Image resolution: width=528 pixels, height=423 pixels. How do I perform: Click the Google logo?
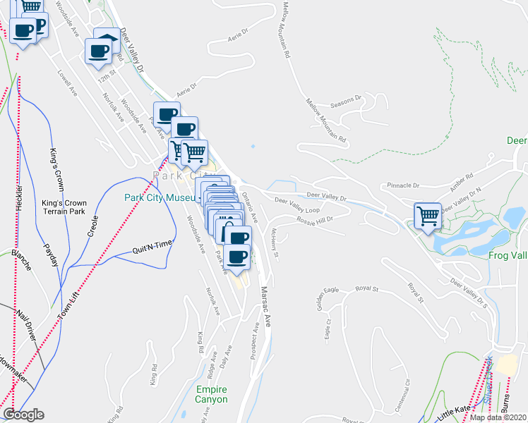tap(24, 415)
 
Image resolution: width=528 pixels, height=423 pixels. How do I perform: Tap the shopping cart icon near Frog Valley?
tap(428, 216)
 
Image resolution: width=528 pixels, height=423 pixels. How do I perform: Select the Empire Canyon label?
tap(212, 394)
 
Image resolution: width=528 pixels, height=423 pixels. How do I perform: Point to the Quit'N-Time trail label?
tap(152, 247)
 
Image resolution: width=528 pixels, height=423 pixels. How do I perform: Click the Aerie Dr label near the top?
tap(238, 36)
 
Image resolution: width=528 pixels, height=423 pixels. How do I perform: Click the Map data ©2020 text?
tap(498, 417)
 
